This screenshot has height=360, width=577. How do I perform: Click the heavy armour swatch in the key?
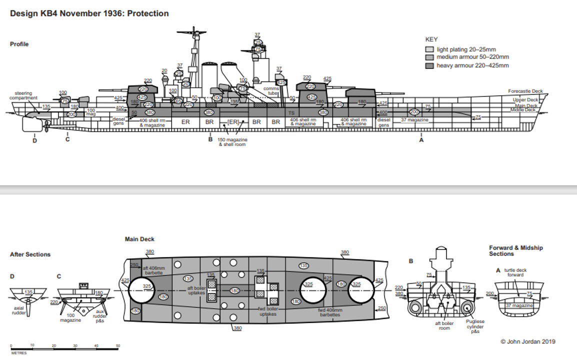pos(429,65)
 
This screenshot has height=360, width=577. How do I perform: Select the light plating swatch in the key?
pos(429,49)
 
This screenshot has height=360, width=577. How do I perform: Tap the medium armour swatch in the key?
pos(429,57)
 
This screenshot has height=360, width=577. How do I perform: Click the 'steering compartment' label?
pos(23,95)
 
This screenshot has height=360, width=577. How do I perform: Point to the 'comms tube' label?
pos(273,90)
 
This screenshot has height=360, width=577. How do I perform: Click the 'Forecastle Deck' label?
pos(525,91)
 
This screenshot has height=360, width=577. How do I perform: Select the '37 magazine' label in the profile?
pos(414,120)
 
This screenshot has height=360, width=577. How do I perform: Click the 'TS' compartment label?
pos(291,113)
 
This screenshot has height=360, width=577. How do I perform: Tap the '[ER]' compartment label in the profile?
pos(233,122)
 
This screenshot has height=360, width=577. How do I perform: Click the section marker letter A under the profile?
pos(421,140)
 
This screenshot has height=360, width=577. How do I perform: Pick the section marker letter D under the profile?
pos(34,140)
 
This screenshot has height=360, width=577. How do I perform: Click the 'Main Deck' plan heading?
pos(139,239)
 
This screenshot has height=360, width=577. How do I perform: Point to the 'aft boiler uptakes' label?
pos(196,290)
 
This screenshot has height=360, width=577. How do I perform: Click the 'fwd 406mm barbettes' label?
pos(329,312)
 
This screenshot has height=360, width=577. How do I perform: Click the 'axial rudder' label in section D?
pos(18,311)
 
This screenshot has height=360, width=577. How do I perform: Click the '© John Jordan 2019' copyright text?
pos(527,342)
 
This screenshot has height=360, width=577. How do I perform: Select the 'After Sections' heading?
pos(30,254)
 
